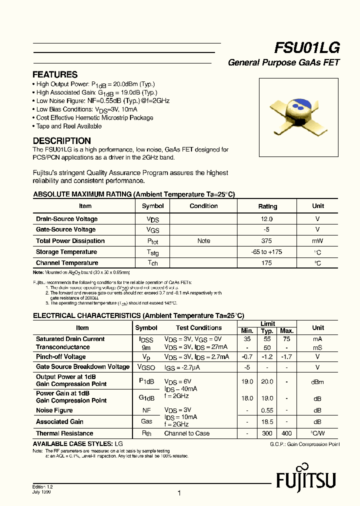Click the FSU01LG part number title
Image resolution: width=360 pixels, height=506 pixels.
click(307, 47)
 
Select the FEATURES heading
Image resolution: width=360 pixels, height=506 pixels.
click(55, 74)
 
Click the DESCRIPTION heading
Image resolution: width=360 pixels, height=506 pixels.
click(61, 140)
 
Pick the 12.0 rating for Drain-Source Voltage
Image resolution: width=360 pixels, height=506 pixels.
click(267, 219)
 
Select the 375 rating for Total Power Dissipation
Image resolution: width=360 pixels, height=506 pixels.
click(267, 241)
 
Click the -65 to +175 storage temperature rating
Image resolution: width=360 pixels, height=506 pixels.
click(267, 252)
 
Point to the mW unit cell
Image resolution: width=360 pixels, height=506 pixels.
click(318, 241)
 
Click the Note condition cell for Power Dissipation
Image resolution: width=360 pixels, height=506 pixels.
click(203, 241)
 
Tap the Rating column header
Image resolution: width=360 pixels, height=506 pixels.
click(267, 206)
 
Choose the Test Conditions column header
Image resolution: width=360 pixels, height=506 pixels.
click(198, 328)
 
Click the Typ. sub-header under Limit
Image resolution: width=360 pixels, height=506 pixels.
click(267, 331)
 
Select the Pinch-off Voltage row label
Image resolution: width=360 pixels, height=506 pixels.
click(60, 357)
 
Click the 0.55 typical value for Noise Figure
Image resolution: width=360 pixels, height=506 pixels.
click(267, 410)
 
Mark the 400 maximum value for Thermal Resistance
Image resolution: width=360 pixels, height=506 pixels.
click(286, 433)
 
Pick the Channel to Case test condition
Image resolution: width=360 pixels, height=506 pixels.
click(187, 433)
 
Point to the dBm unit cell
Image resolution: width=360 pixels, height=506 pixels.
click(317, 381)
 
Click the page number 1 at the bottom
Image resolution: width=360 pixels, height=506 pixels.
click(179, 493)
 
